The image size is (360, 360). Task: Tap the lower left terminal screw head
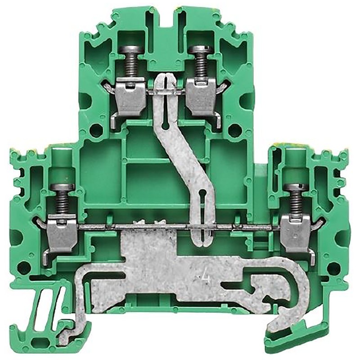62,188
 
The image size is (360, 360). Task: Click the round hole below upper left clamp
96,132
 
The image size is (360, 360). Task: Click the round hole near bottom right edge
333,269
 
